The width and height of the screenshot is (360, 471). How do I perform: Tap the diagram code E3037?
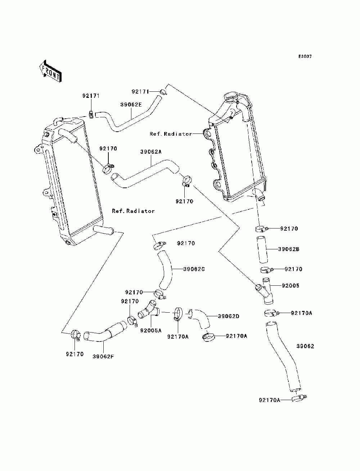[305, 56]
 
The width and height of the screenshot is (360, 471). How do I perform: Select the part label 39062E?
[131, 105]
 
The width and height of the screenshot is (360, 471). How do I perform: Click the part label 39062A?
[151, 152]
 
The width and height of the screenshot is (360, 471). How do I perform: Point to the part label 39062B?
[289, 249]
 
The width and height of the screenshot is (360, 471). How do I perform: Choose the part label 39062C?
[194, 269]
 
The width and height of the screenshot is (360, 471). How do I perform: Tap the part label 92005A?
[151, 330]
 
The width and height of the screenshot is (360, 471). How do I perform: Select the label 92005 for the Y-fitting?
[291, 286]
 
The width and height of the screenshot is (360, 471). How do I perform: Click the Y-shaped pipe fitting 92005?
[265, 291]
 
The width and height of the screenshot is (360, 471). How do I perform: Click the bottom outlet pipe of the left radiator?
[104, 230]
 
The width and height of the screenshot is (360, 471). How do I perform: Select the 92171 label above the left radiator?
[91, 96]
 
